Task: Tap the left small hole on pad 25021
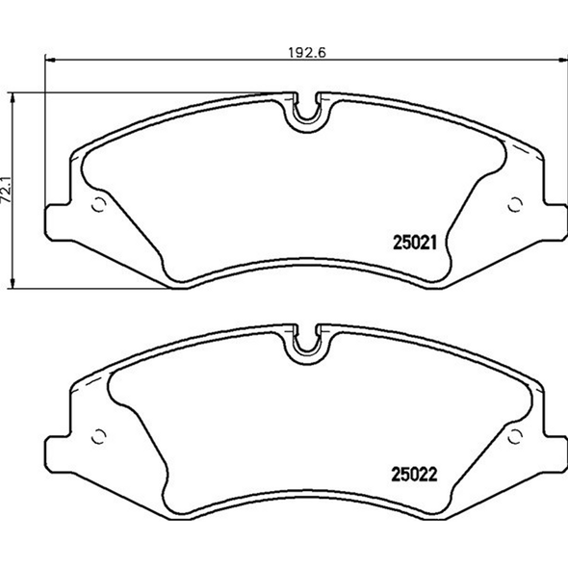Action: pyautogui.click(x=97, y=204)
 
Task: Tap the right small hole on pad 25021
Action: pyautogui.click(x=514, y=203)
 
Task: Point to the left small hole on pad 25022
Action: pyautogui.click(x=97, y=432)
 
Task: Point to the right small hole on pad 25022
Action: pyautogui.click(x=514, y=432)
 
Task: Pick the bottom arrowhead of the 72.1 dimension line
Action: pyautogui.click(x=13, y=282)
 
